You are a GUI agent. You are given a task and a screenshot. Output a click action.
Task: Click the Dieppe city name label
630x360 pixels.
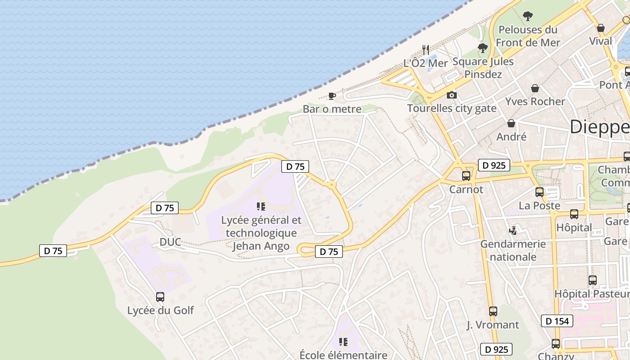click(x=600, y=127)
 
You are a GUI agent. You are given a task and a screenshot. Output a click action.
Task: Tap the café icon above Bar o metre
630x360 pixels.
click(x=332, y=96)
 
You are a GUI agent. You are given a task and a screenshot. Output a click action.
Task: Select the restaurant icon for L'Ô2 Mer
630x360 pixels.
click(x=425, y=49)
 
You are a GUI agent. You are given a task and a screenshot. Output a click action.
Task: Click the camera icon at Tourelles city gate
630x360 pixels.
click(x=451, y=95)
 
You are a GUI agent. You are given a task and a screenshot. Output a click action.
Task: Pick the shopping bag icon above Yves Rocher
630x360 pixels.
click(x=535, y=88)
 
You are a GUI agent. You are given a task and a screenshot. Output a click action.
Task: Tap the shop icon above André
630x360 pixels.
click(x=511, y=123)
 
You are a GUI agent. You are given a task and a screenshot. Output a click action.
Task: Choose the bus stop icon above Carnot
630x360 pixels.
click(x=466, y=176)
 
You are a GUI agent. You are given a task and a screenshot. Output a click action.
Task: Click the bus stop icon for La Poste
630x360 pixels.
click(x=540, y=192)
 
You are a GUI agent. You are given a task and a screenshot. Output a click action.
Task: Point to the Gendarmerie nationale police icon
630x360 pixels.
click(x=513, y=231)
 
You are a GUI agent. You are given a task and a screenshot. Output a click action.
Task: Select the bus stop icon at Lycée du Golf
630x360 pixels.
click(x=160, y=297)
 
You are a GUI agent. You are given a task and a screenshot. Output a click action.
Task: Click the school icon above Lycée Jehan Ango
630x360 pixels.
click(x=261, y=207)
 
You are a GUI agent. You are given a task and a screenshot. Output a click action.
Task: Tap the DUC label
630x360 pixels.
click(x=170, y=242)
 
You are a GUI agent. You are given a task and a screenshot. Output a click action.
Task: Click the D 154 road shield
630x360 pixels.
click(x=557, y=321)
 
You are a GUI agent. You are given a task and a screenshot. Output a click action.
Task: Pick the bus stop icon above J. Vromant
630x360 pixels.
click(x=493, y=311)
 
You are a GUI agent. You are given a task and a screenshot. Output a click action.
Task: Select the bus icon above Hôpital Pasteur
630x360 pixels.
click(x=593, y=280)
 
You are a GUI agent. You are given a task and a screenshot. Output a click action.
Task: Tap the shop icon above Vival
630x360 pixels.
click(x=600, y=28)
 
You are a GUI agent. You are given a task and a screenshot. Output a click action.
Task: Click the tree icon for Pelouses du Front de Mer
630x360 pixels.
click(x=528, y=16)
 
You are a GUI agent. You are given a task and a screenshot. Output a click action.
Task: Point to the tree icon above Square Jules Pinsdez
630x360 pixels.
click(x=483, y=48)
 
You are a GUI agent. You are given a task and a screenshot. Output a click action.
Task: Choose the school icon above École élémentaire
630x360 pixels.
click(x=343, y=342)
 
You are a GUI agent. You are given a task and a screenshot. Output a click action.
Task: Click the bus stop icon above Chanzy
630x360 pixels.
click(x=556, y=344)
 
